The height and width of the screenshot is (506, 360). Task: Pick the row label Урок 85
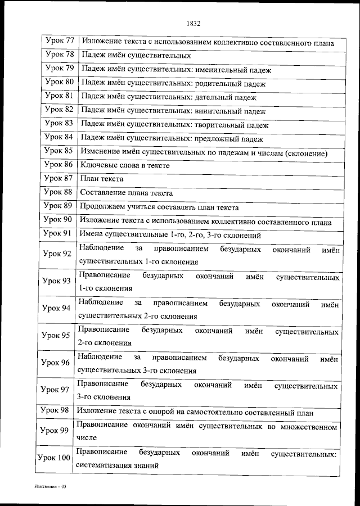pos(58,151)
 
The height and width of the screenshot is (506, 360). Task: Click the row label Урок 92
pos(57,254)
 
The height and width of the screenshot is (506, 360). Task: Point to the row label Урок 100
pos(54,458)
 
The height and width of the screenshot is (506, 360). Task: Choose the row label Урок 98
pos(57,412)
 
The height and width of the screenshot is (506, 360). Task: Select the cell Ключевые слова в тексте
pos(125,166)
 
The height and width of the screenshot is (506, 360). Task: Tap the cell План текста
pos(102,179)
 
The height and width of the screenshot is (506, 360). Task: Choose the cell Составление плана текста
pos(127,193)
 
